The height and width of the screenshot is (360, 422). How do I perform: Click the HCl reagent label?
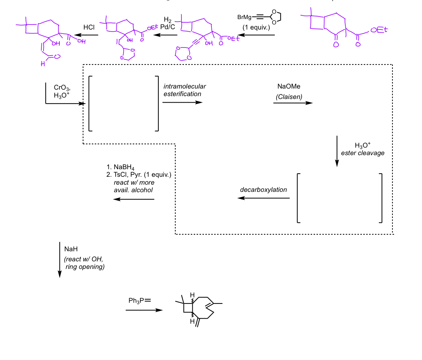[89, 27]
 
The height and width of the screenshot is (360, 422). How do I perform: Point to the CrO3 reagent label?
[60, 87]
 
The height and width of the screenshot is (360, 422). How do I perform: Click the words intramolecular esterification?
[184, 90]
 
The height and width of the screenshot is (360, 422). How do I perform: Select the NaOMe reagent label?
[289, 87]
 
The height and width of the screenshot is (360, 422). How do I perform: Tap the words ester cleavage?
[363, 153]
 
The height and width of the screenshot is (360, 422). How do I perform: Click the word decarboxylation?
[264, 190]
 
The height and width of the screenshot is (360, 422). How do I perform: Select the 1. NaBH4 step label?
[120, 167]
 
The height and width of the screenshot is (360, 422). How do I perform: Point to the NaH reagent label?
[71, 249]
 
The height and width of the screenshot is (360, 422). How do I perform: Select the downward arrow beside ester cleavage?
[337, 151]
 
